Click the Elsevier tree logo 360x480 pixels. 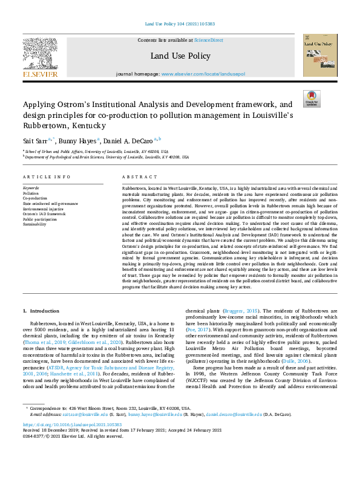[x=40, y=54]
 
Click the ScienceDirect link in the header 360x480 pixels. [x=209, y=40]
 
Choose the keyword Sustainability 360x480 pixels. [x=34, y=224]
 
